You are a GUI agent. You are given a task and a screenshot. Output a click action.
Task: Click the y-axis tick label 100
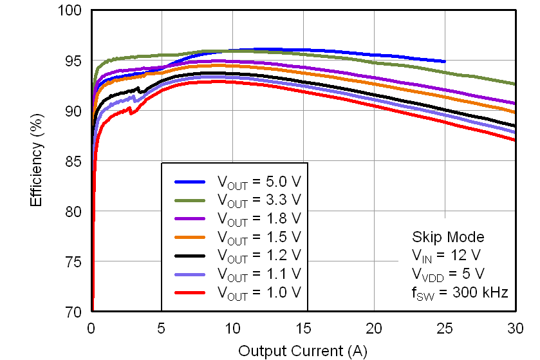pos(73,11)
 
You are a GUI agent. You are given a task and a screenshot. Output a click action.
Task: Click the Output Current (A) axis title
pos(303,350)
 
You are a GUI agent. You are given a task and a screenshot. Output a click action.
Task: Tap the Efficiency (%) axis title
pos(37,161)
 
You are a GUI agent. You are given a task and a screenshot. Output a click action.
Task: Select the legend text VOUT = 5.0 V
pos(259,182)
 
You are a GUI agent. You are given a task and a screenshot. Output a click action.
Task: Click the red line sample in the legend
pos(190,292)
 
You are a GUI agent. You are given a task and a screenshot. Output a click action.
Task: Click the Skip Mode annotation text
pos(447,237)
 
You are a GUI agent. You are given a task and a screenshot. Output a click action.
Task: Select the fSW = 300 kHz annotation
pos(460,292)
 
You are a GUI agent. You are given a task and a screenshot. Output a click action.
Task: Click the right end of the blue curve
pos(444,61)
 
